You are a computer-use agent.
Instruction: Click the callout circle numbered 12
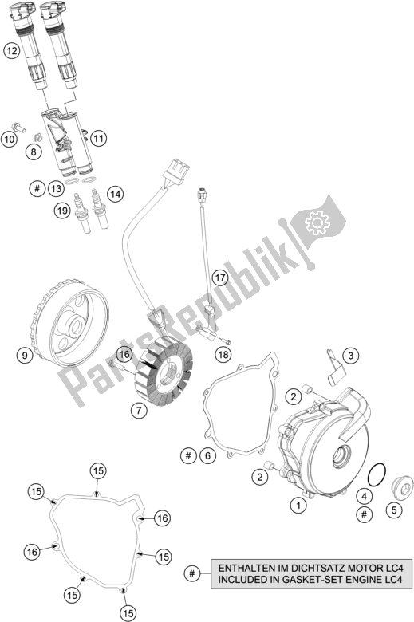click(x=12, y=51)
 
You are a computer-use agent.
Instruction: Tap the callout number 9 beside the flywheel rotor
click(x=25, y=355)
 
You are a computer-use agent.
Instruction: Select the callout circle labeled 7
click(x=139, y=411)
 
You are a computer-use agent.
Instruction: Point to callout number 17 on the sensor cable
click(x=220, y=278)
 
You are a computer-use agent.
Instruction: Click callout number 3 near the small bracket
click(x=350, y=356)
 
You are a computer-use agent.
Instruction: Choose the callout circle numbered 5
click(x=394, y=510)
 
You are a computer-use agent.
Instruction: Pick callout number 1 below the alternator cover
click(x=298, y=505)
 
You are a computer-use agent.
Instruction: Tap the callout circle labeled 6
click(x=208, y=456)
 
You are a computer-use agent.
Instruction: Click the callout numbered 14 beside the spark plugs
click(x=115, y=194)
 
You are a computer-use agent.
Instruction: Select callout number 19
click(x=62, y=211)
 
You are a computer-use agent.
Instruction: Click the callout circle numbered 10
click(x=9, y=139)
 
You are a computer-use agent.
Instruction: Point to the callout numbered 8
click(x=34, y=152)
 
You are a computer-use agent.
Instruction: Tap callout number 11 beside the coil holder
click(x=99, y=139)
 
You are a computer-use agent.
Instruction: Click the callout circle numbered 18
click(x=223, y=354)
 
